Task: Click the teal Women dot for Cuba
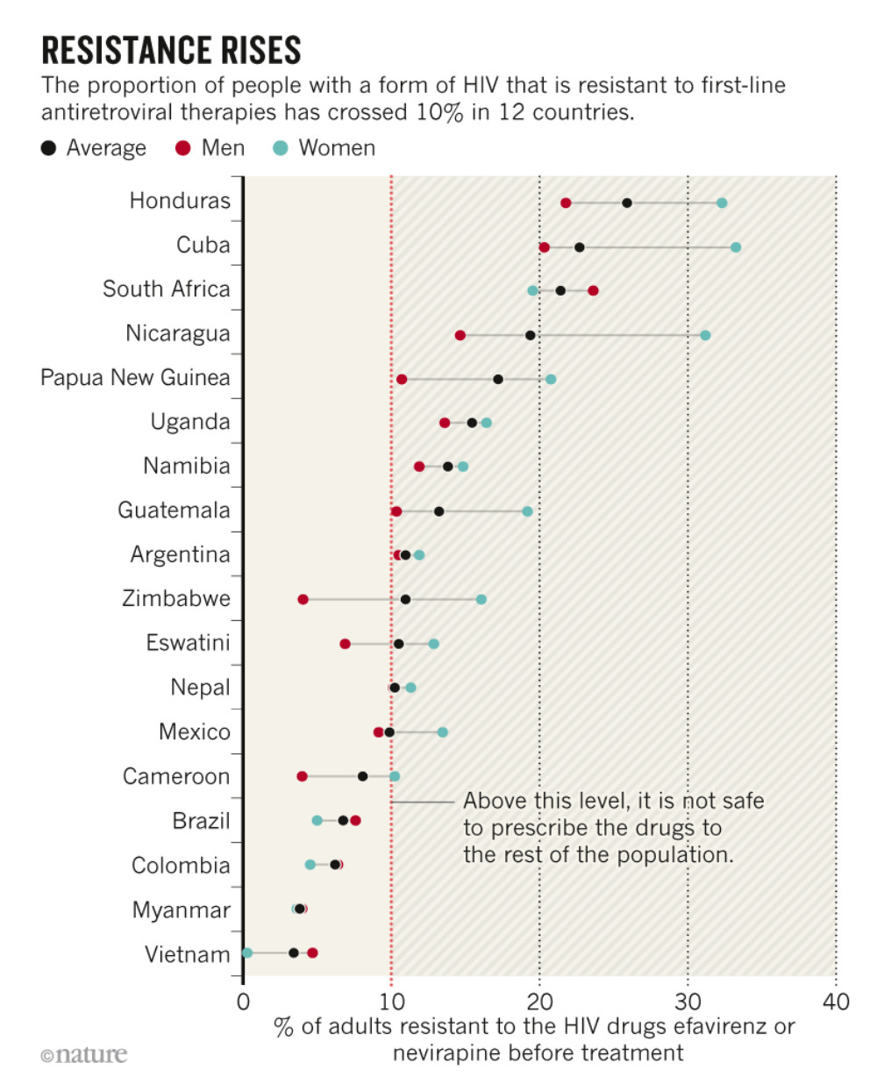click(x=736, y=247)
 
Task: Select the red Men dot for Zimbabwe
click(x=303, y=600)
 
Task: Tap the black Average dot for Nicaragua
click(x=531, y=335)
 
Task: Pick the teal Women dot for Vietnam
click(x=247, y=953)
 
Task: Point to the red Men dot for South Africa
click(x=593, y=290)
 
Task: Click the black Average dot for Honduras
click(x=627, y=203)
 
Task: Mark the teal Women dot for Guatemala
click(x=527, y=511)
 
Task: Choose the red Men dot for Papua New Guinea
click(x=402, y=379)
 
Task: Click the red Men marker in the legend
click(x=182, y=148)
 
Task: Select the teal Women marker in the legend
click(x=281, y=148)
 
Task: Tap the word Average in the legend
click(x=106, y=148)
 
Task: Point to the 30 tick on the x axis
click(x=688, y=1002)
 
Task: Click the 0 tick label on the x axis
click(x=243, y=1002)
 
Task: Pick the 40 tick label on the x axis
click(x=836, y=1002)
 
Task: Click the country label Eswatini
click(x=188, y=643)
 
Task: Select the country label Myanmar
click(x=181, y=909)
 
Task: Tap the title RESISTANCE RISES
click(x=171, y=52)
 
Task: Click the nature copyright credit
click(x=84, y=1054)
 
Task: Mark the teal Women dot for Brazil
click(x=317, y=821)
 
